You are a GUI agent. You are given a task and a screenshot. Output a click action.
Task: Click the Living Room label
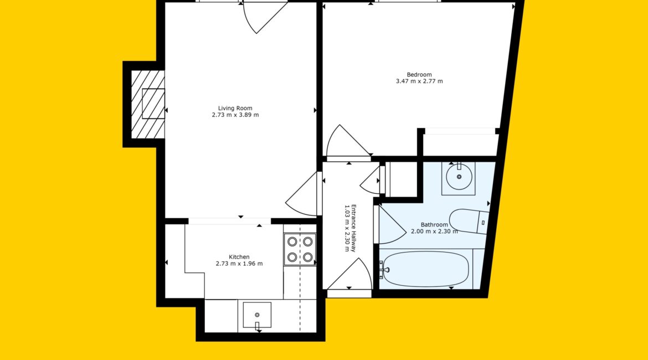pos(235,109)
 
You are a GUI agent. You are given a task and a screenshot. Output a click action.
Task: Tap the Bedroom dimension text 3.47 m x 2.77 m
pos(419,81)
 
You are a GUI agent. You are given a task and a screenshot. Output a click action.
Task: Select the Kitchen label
pos(239,257)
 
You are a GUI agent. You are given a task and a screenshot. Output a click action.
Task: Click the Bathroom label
pos(434,225)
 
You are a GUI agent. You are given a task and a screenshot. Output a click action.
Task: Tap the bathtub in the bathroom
pos(426,269)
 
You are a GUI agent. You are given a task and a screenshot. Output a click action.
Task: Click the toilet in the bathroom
pos(470,221)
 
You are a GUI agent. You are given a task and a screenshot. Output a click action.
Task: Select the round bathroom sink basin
pos(459,177)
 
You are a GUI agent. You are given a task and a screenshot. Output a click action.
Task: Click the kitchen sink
pos(257,315)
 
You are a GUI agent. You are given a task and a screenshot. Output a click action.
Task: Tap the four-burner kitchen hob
pos(300,249)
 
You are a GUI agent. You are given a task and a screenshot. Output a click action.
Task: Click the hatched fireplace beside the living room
pos(148,104)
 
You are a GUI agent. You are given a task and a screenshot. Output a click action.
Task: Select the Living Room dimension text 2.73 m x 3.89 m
pos(235,115)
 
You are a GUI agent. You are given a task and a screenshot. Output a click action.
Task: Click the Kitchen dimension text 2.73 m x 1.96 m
pos(239,264)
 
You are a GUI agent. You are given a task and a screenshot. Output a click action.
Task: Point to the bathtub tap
pos(385,270)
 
